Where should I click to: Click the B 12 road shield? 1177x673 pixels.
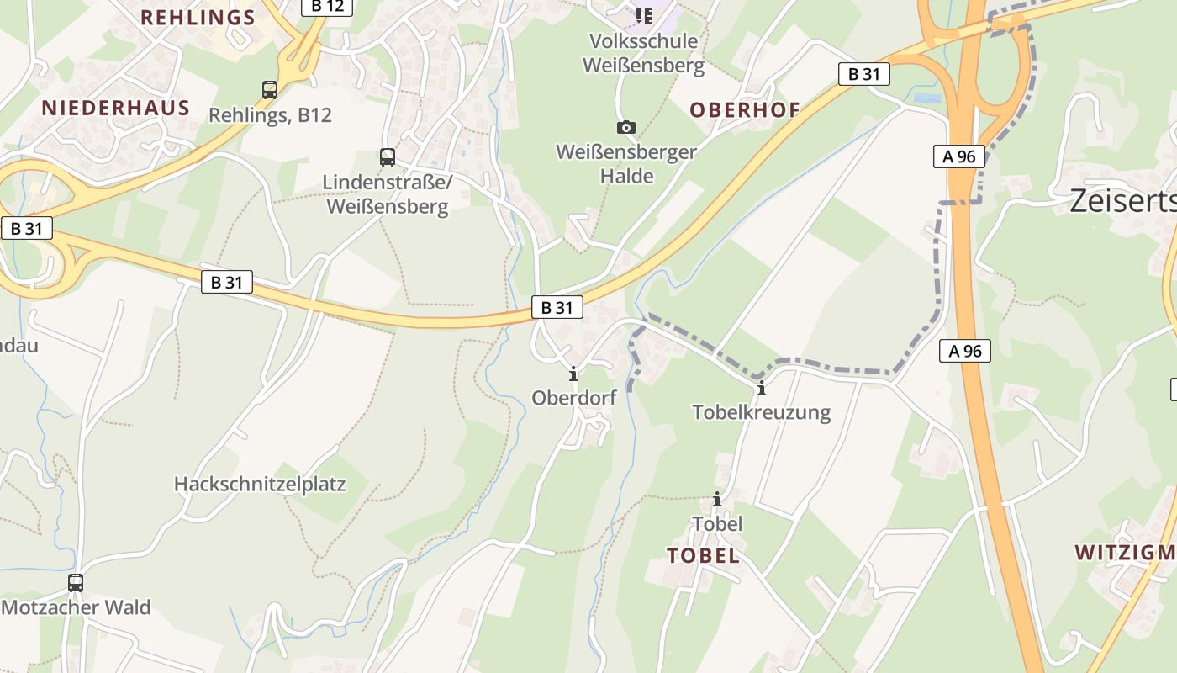point(327,7)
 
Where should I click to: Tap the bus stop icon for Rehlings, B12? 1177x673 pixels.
point(270,89)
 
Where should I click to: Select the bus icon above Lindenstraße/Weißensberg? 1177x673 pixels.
point(387,156)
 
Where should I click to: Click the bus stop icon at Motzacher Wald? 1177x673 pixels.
point(76,582)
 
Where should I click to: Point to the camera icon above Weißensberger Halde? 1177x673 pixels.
point(625,127)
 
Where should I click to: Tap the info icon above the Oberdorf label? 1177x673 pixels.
point(573,374)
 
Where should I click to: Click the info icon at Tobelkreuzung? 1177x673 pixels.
point(762,388)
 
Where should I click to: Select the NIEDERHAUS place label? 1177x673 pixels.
point(116,107)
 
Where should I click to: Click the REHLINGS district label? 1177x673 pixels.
point(198,18)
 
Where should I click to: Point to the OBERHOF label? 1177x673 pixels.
point(745,109)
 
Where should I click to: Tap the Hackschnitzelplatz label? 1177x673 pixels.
point(260,485)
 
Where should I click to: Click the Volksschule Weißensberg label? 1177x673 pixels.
point(644,53)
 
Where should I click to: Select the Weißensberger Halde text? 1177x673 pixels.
point(626,164)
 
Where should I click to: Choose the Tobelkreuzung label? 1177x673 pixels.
point(762,412)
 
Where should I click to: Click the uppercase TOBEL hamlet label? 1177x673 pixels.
point(703,555)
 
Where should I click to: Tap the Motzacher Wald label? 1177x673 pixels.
point(76,607)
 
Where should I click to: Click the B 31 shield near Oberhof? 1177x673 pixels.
point(863,74)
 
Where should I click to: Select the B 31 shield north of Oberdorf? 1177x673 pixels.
point(557,308)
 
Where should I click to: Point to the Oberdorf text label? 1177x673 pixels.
point(573,398)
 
